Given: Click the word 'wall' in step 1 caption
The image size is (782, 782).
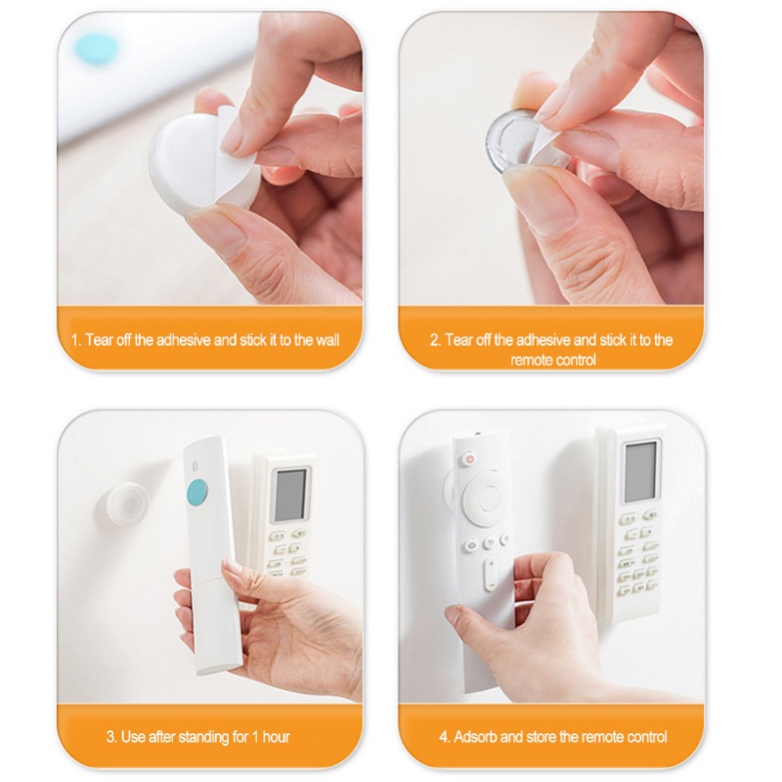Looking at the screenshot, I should click(x=326, y=340).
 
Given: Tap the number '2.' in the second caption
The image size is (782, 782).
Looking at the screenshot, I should click(x=436, y=340).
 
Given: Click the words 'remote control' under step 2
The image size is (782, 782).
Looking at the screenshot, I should click(x=552, y=360).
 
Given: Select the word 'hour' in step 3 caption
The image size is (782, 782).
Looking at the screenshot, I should click(x=276, y=736).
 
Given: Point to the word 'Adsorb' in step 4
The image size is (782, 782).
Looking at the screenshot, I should click(x=476, y=736).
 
